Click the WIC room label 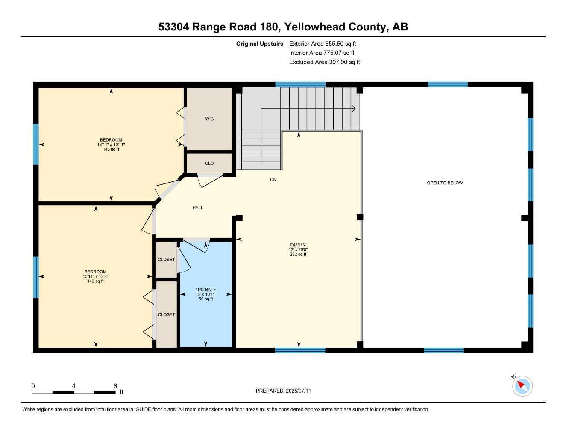coord(209,119)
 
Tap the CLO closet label coord(209,163)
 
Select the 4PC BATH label coord(206,290)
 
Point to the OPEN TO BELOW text coord(445,183)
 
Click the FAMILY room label coord(298,245)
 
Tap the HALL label coord(198,207)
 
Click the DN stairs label coord(273,180)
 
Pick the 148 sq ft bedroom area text coord(111,149)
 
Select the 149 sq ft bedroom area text coord(95,281)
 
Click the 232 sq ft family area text coord(298,255)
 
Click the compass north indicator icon coord(522,386)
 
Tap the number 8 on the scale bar coord(115,386)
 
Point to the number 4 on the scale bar coord(74,386)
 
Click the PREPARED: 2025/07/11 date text coord(283,391)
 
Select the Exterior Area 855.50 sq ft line coord(323,44)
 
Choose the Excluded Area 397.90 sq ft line coord(324,62)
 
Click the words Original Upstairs coord(260,44)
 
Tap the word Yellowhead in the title coord(314,27)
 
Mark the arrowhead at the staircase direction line coord(354,109)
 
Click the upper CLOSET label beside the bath coord(166,260)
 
